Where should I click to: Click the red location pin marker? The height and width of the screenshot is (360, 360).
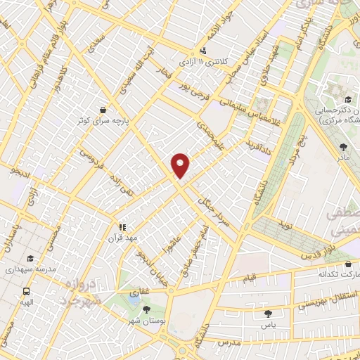181,165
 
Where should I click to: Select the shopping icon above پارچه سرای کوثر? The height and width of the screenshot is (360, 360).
104,110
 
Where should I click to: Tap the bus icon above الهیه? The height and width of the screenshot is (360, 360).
26,290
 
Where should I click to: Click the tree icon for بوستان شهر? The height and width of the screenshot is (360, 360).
146,309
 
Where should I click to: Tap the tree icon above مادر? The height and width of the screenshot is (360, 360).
343,147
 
